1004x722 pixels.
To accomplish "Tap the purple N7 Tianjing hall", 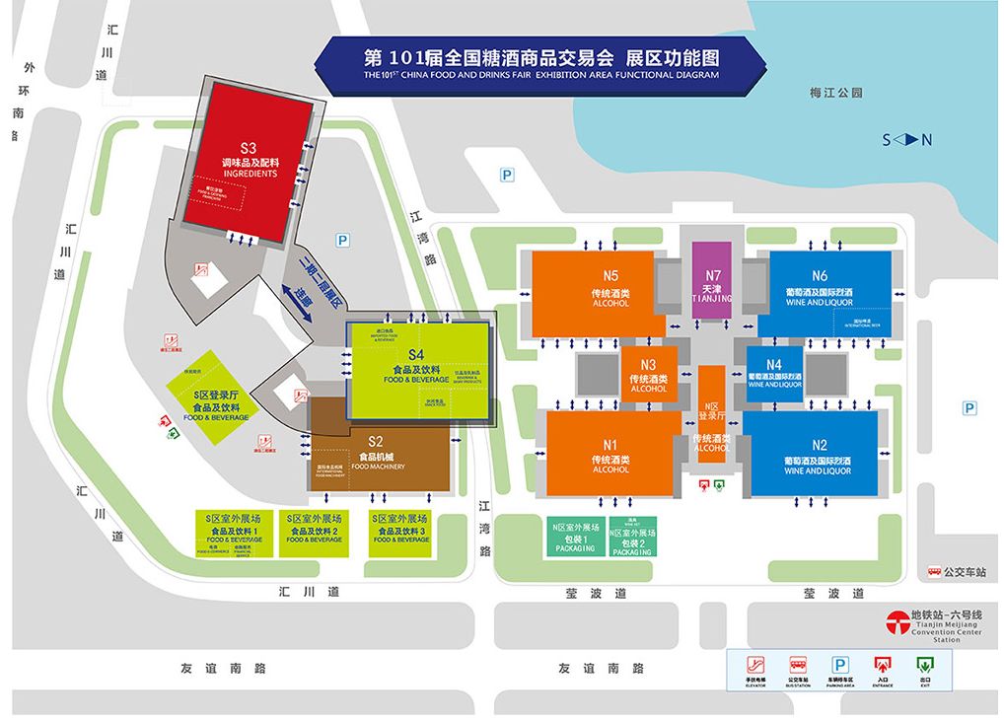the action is (712, 280).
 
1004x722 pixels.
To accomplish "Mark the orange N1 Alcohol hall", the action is (610, 454).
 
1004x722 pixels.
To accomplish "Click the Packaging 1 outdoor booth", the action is (575, 539).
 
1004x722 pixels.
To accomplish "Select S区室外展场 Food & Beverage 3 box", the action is (400, 532).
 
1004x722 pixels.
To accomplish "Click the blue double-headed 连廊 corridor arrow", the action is (306, 302).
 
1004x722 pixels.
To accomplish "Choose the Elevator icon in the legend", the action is (756, 668).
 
